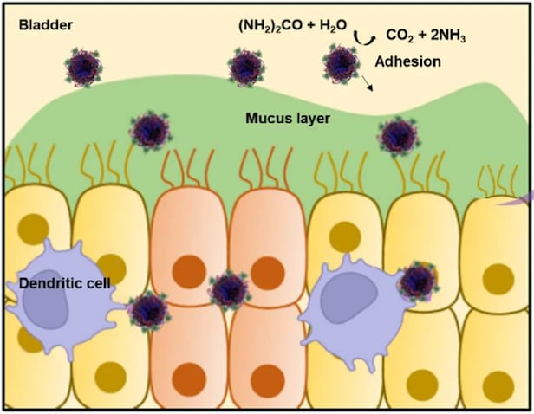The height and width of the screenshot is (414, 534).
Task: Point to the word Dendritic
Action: click(48, 283)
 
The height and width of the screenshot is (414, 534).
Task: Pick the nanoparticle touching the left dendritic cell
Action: click(148, 308)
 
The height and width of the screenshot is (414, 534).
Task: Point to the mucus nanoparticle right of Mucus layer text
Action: click(397, 136)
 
